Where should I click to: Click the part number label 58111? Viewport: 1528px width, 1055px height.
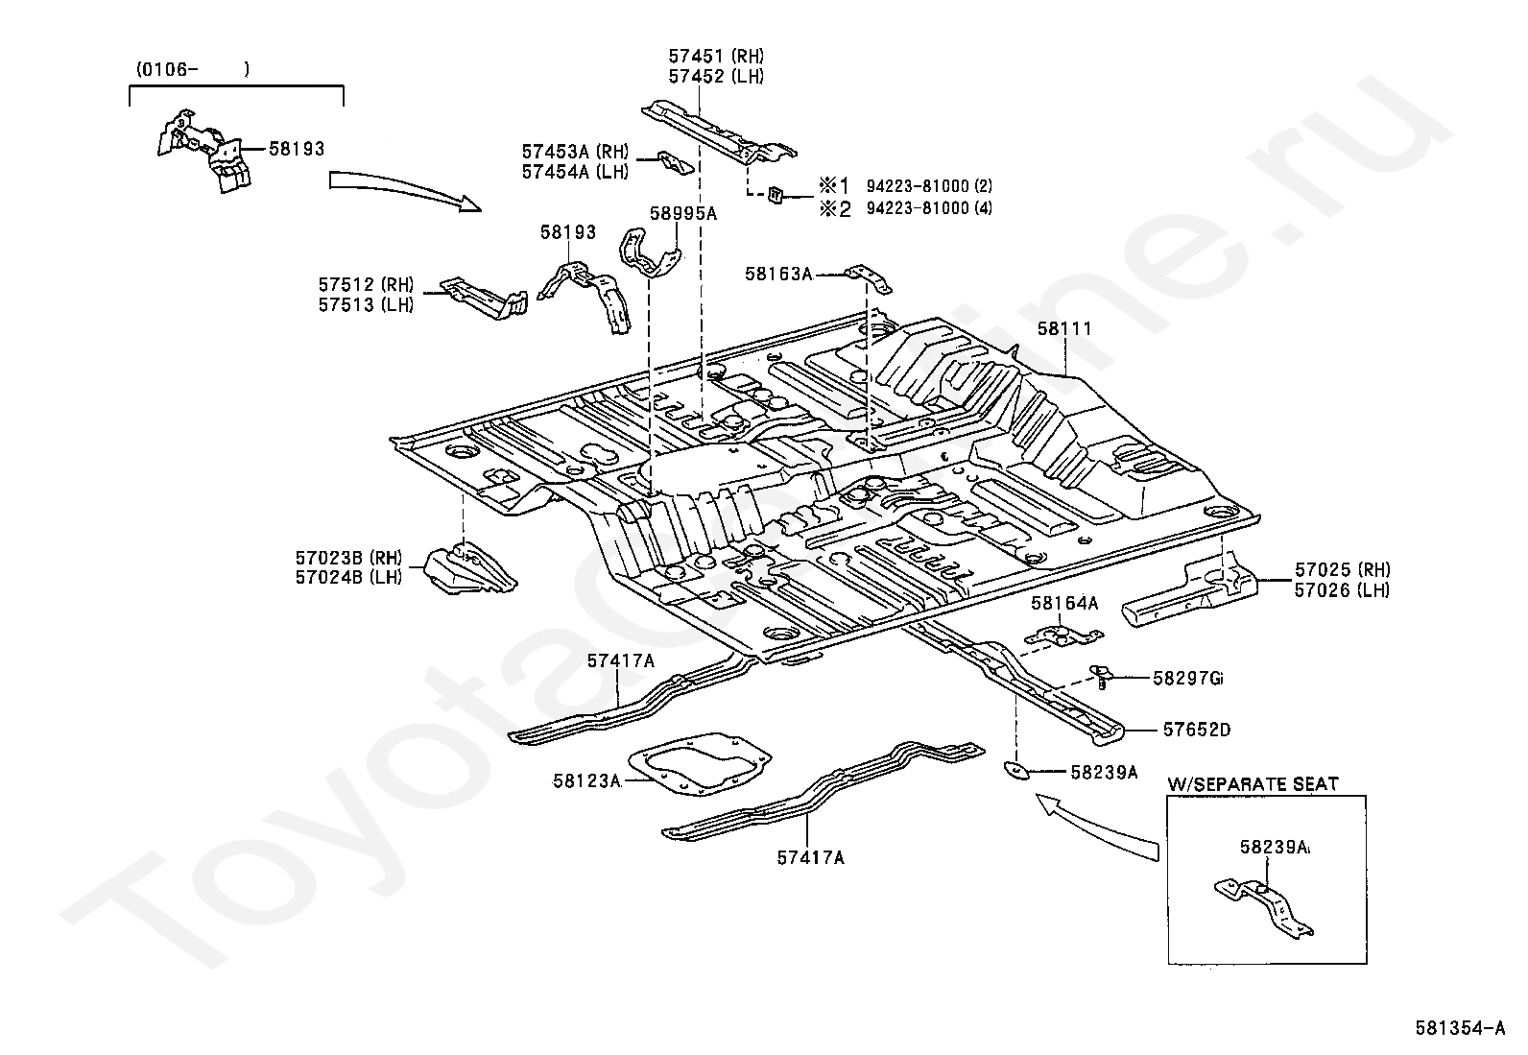(x=1064, y=328)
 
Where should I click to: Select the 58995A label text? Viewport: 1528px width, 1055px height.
(x=682, y=214)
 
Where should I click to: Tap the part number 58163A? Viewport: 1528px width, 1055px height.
(x=779, y=274)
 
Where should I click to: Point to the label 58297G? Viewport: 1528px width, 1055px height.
(x=1187, y=679)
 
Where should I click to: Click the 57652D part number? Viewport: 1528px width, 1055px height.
(x=1197, y=730)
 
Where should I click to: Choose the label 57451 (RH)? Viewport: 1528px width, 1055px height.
(x=716, y=56)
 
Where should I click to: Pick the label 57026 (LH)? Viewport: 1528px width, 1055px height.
(x=1342, y=590)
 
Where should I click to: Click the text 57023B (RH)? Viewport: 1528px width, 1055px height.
(x=348, y=558)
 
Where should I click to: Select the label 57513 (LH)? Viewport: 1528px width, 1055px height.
(x=367, y=304)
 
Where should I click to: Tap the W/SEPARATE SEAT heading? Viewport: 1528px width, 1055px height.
(x=1253, y=784)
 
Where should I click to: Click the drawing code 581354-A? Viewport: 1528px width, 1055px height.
(x=1460, y=1028)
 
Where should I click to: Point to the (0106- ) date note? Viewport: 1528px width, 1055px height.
(x=193, y=69)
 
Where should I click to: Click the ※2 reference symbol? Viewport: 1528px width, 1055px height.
(x=836, y=208)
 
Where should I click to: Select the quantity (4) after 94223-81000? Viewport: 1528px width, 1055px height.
(x=983, y=208)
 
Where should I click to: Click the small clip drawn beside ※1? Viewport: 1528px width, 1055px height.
(x=776, y=195)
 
